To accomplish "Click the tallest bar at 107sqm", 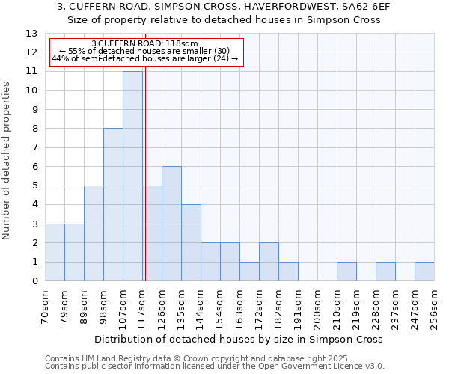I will click(132, 177).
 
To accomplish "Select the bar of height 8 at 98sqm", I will click(113, 205).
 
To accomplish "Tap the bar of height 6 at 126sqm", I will click(171, 224).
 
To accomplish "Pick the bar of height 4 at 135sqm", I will click(191, 243).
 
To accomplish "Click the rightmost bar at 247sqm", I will click(424, 272).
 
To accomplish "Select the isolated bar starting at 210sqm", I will click(346, 272).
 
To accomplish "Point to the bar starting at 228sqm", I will click(385, 272).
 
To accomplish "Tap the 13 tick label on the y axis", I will click(31, 34).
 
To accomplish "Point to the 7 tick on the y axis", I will click(34, 148).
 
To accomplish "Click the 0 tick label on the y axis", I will click(34, 281).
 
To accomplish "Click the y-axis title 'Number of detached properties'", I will click(7, 161).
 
